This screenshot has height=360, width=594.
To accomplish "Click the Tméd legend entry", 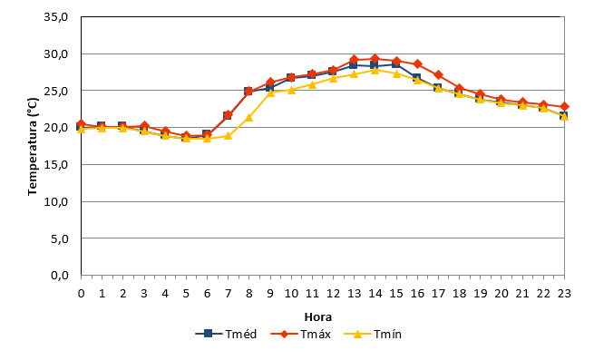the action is coord(226,334).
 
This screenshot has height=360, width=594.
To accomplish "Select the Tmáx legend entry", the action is coord(301,334).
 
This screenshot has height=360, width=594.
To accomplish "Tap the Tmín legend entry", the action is coord(373,334).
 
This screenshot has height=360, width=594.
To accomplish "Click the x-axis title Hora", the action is coord(317,316).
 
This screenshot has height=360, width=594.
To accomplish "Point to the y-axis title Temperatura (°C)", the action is coord(33,147).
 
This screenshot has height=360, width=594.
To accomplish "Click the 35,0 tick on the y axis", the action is coord(55,17).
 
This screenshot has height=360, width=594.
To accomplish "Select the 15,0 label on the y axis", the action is coord(55,165).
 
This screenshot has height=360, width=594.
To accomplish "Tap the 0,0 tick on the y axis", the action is coord(60,276).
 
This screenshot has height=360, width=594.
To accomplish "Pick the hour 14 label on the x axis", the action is coord(375,294).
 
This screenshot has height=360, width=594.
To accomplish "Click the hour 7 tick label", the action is coord(228,294).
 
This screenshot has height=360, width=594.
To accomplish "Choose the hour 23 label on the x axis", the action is coord(564,294).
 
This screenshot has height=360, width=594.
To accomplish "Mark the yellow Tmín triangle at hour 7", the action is coord(228,136).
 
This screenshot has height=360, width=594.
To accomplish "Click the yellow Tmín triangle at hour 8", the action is coord(248,118).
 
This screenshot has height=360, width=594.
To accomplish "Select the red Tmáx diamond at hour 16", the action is coord(417,64).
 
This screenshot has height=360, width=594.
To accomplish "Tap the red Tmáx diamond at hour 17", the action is coord(438,74).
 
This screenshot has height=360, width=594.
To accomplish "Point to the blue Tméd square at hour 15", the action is coord(396,64).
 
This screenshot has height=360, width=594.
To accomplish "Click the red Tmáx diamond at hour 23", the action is coord(564,107).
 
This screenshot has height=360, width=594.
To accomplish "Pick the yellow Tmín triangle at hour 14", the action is coord(375,70).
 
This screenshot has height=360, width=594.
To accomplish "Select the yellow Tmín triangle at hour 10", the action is coord(291,90).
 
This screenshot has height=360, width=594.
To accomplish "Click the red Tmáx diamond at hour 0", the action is coord(81,124).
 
